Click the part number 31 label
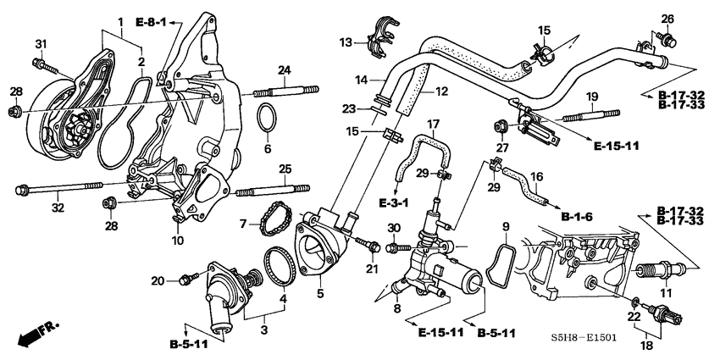pyautogui.click(x=40, y=44)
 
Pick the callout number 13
pyautogui.click(x=346, y=42)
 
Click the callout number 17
pyautogui.click(x=433, y=124)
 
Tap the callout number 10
pyautogui.click(x=178, y=241)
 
